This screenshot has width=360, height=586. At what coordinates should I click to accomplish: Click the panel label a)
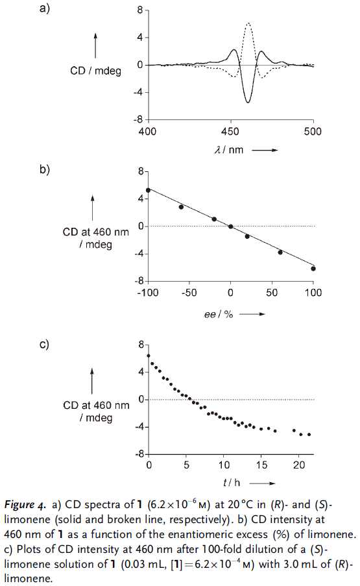(45, 8)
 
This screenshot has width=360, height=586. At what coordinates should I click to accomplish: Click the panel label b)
(45, 169)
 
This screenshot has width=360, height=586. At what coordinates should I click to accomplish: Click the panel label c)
(45, 344)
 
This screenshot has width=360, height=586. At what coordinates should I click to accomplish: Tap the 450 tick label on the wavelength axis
(230, 132)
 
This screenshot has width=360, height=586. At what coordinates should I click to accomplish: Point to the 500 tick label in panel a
(313, 132)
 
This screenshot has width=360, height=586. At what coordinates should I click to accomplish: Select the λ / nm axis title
(228, 150)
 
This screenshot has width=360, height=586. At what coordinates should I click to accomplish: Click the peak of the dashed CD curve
(248, 23)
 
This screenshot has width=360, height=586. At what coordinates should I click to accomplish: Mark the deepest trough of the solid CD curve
(248, 102)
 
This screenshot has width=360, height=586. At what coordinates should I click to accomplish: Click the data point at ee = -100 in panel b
(149, 190)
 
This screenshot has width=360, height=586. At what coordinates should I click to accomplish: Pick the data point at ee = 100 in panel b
(313, 268)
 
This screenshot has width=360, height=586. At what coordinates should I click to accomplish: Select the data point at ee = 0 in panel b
(231, 226)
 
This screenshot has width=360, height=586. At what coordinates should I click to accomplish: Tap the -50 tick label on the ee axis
(189, 293)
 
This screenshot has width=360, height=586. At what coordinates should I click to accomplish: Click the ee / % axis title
(219, 314)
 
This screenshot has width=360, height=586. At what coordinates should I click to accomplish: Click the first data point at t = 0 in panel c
(149, 356)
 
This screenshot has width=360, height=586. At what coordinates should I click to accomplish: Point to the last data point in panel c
(309, 434)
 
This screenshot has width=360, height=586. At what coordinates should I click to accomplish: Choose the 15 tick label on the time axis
(261, 465)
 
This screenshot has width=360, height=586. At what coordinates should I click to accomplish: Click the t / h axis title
(232, 483)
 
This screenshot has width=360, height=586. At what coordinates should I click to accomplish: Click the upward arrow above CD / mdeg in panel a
(95, 45)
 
